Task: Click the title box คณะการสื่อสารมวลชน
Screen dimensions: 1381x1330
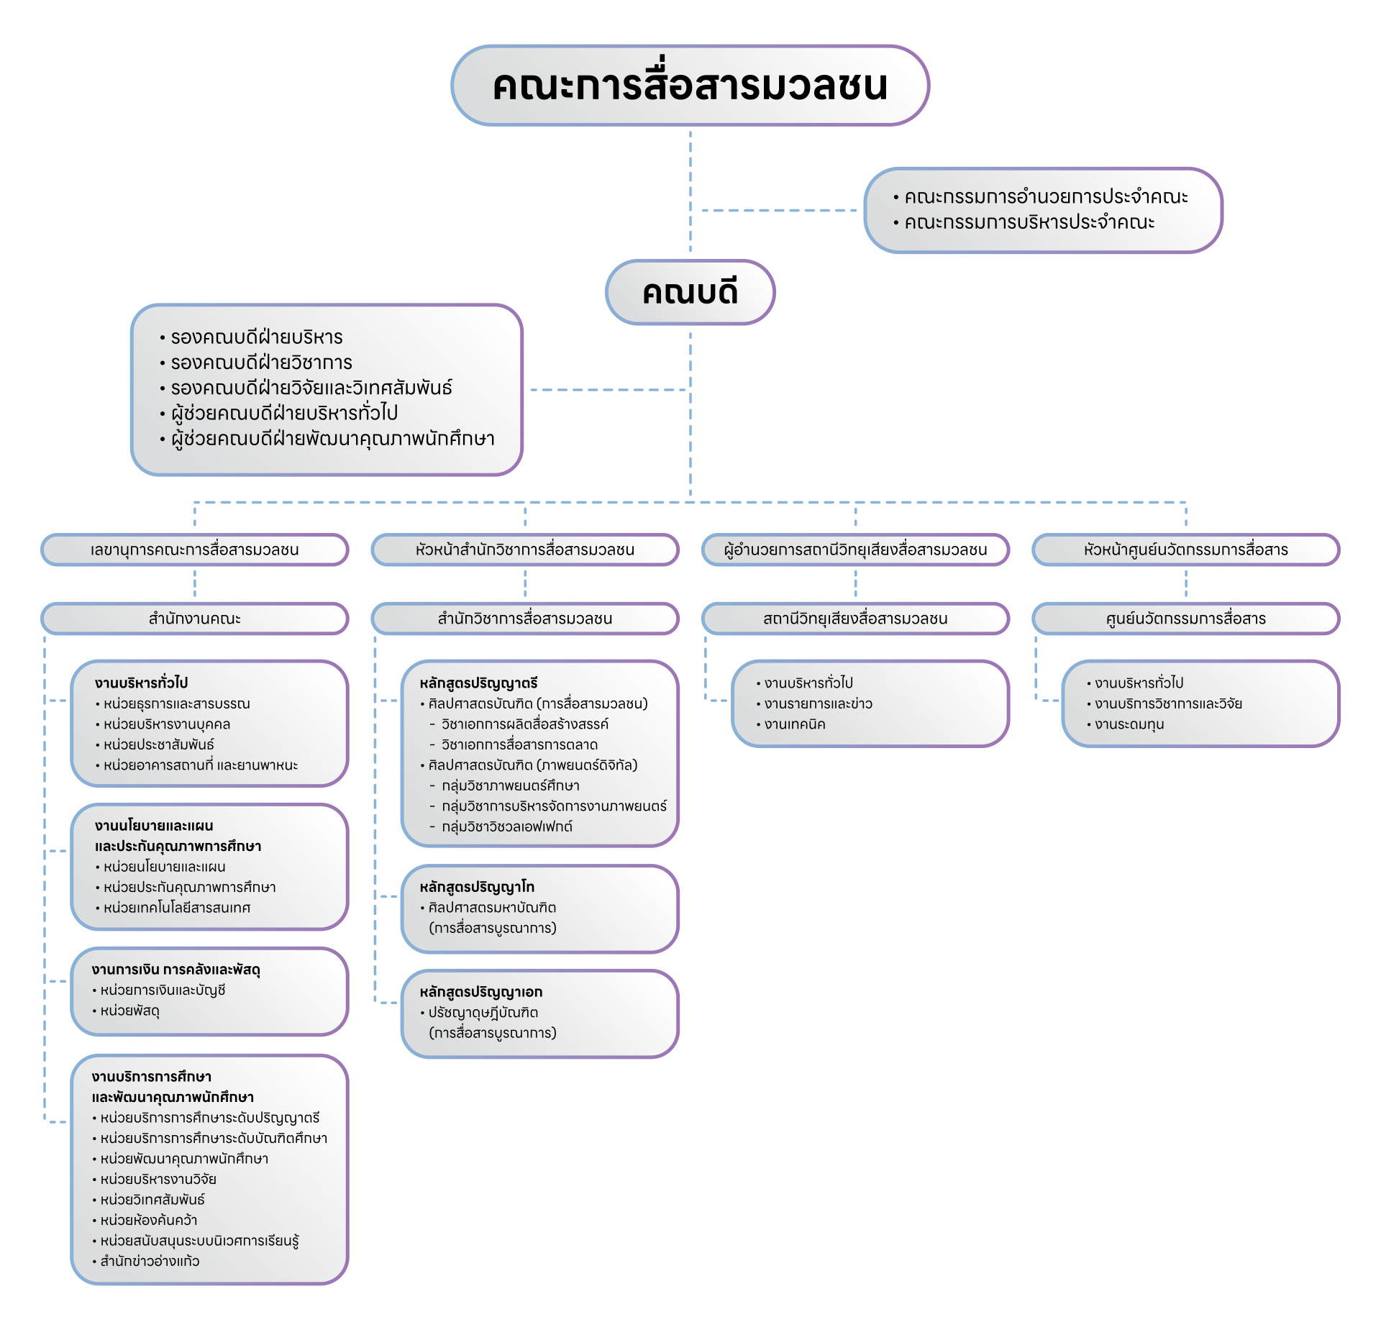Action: click(690, 86)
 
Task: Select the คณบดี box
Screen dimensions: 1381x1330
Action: click(690, 292)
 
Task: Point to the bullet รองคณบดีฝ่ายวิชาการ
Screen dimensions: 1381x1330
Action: click(256, 362)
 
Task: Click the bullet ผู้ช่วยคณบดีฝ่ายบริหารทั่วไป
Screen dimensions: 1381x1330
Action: click(279, 413)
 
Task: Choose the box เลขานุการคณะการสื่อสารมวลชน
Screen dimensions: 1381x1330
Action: click(194, 550)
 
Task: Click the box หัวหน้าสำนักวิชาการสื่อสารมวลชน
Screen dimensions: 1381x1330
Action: click(525, 550)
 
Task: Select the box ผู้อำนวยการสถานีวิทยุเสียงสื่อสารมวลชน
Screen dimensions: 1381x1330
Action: click(855, 550)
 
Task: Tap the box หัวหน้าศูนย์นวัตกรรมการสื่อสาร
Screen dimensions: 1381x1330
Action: click(1185, 550)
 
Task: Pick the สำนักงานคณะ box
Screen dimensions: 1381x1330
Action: click(194, 619)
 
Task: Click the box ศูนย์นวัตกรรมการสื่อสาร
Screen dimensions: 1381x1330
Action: click(1185, 619)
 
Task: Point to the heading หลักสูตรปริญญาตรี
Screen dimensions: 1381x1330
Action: click(479, 683)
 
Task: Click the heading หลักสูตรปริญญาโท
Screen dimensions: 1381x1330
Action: click(478, 887)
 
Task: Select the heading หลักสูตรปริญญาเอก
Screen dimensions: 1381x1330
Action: click(481, 992)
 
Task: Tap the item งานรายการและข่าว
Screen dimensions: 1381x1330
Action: click(814, 703)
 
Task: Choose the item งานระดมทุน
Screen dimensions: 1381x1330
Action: click(1126, 724)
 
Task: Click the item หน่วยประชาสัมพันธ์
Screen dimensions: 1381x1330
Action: click(155, 744)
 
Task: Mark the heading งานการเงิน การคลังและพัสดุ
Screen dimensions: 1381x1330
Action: click(176, 970)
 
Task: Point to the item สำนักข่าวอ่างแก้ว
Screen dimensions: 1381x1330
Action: click(146, 1261)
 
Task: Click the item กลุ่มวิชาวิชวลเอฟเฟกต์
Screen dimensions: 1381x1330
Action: click(501, 827)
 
